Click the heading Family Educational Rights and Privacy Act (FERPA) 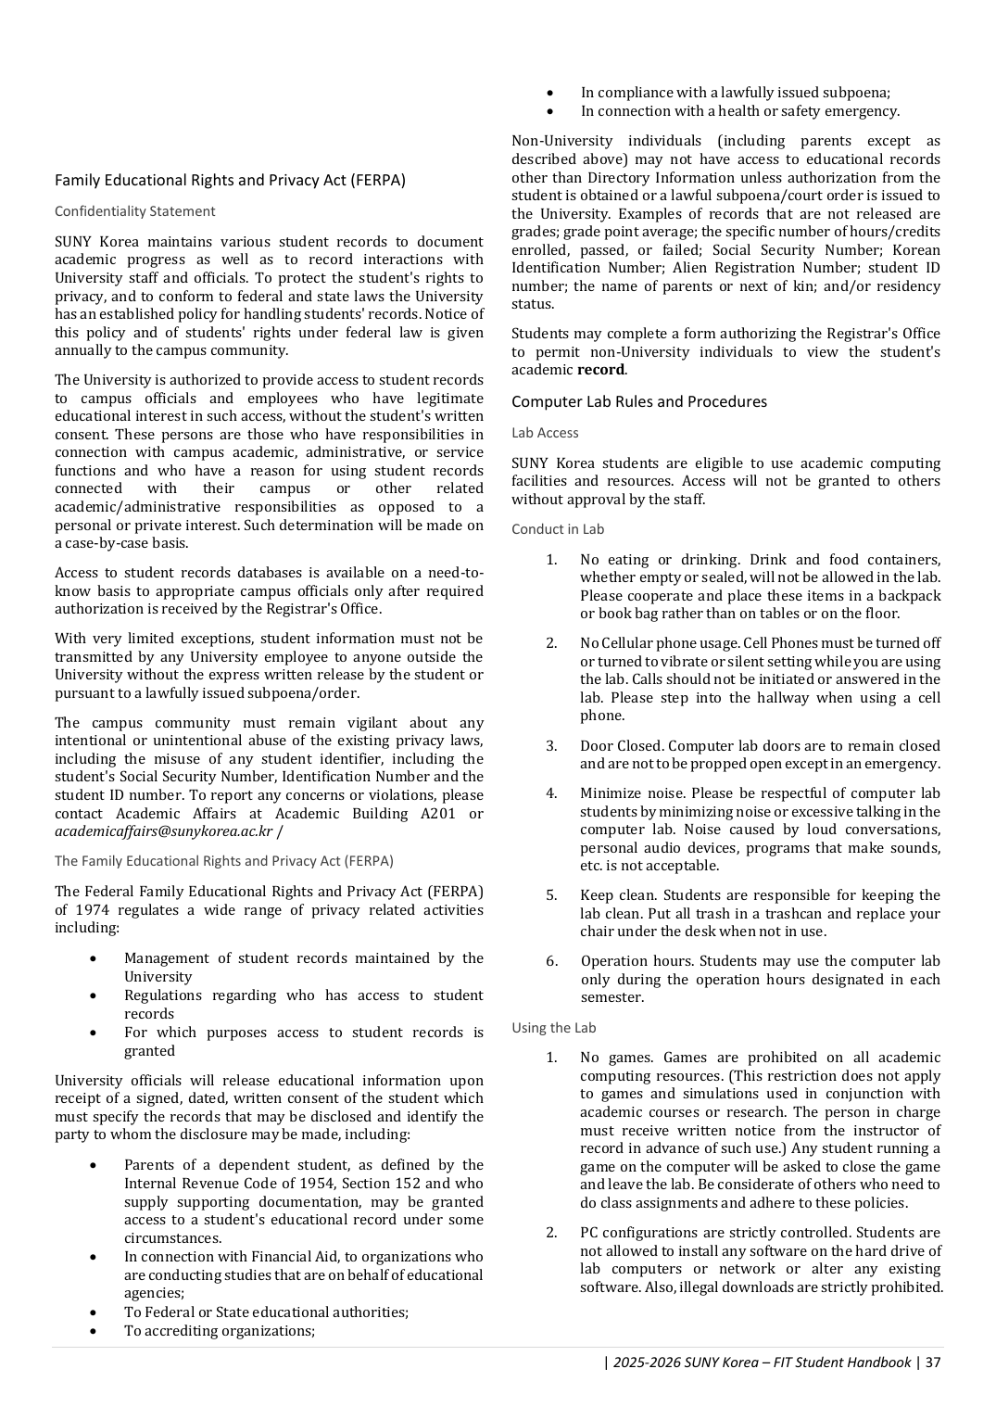click(x=230, y=181)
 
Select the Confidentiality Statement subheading click(x=134, y=211)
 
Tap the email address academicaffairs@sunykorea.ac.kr click(x=163, y=831)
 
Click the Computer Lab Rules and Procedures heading click(x=639, y=401)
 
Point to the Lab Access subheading click(x=545, y=433)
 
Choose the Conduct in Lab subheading click(x=558, y=529)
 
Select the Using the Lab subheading click(x=554, y=1028)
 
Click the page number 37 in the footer click(x=933, y=1363)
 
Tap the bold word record click(x=601, y=370)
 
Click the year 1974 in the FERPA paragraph click(x=92, y=910)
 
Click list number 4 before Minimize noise click(x=551, y=793)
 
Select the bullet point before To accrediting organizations click(x=94, y=1331)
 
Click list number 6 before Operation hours click(x=551, y=961)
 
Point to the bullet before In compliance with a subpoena click(x=550, y=93)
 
